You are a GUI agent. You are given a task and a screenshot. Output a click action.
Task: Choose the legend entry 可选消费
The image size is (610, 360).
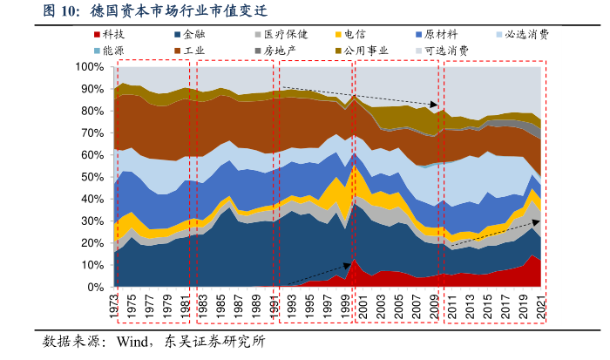pyautogui.click(x=446, y=50)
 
